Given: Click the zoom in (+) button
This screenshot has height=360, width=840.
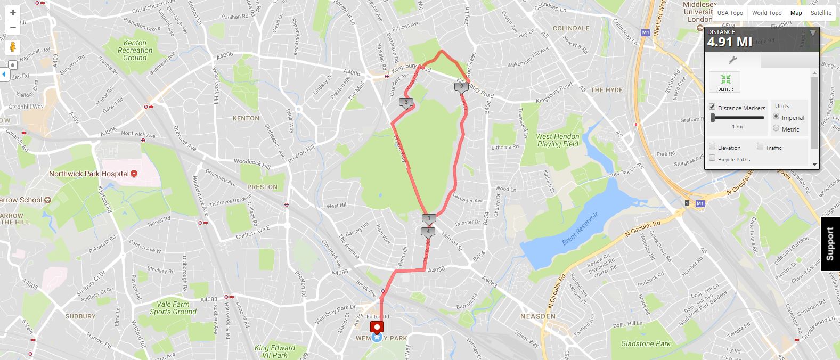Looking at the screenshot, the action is click(13, 13).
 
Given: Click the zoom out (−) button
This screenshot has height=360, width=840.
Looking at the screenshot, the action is click(13, 27).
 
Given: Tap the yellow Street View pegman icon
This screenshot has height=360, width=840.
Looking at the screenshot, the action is click(13, 47).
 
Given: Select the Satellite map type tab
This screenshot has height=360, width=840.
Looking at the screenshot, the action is click(821, 13).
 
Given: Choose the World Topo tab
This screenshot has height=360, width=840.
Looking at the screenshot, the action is click(766, 13).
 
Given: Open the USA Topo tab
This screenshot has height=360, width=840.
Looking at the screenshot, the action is click(730, 13).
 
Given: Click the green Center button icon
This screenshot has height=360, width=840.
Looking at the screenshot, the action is click(725, 80).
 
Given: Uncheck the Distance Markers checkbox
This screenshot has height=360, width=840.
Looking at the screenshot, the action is click(712, 107).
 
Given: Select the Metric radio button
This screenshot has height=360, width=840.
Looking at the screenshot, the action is click(776, 128).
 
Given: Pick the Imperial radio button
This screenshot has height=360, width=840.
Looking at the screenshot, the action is click(776, 117).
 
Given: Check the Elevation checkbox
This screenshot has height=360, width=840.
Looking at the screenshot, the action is click(712, 146).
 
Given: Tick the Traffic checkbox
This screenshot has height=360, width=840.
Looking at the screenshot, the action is click(760, 146).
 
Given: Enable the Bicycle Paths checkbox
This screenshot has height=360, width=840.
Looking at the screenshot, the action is click(712, 158).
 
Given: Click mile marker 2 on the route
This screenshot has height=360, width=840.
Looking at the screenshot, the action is click(461, 86).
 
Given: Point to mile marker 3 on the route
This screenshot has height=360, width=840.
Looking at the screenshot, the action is click(406, 102).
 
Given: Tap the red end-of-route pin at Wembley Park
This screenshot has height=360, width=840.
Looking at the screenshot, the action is click(378, 328).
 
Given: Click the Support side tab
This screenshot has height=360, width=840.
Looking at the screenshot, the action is click(830, 244).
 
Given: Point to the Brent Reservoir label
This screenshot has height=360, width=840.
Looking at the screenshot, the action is click(580, 228).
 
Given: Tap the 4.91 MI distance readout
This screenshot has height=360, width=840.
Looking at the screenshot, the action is click(730, 42).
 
